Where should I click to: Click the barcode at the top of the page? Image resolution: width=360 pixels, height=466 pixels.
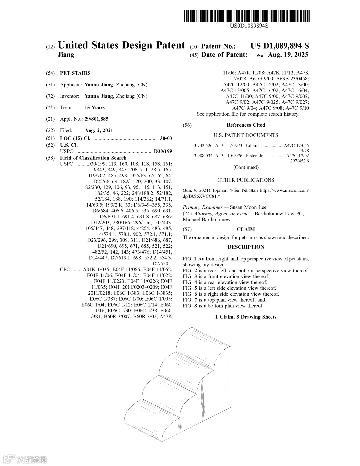(x=246, y=16)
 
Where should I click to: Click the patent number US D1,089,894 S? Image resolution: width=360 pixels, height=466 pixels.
(x=280, y=46)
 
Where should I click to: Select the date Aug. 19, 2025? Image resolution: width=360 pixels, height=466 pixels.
(x=288, y=55)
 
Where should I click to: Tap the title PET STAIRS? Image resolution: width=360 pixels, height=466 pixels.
(x=75, y=73)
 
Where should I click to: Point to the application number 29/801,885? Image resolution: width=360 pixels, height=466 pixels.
(x=96, y=119)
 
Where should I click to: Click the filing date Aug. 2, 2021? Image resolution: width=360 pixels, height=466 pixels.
(x=99, y=130)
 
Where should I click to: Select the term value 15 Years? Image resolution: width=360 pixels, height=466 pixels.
(x=94, y=107)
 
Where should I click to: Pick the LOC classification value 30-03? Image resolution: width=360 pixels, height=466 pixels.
(x=166, y=138)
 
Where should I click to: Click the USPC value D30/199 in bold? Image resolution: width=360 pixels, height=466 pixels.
(x=163, y=151)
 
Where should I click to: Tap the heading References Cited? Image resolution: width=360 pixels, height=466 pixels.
(x=246, y=125)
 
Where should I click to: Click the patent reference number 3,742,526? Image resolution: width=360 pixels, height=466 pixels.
(x=203, y=146)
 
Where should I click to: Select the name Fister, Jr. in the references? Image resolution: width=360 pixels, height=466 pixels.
(x=255, y=156)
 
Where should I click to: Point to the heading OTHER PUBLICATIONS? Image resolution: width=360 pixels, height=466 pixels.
(x=246, y=180)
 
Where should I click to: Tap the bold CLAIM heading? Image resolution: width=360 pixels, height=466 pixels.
(x=246, y=229)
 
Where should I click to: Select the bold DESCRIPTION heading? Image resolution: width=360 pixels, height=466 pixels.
(x=246, y=247)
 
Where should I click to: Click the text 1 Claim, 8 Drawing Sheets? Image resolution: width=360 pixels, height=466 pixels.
(x=246, y=317)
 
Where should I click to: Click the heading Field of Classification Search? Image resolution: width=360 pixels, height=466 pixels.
(x=93, y=158)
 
